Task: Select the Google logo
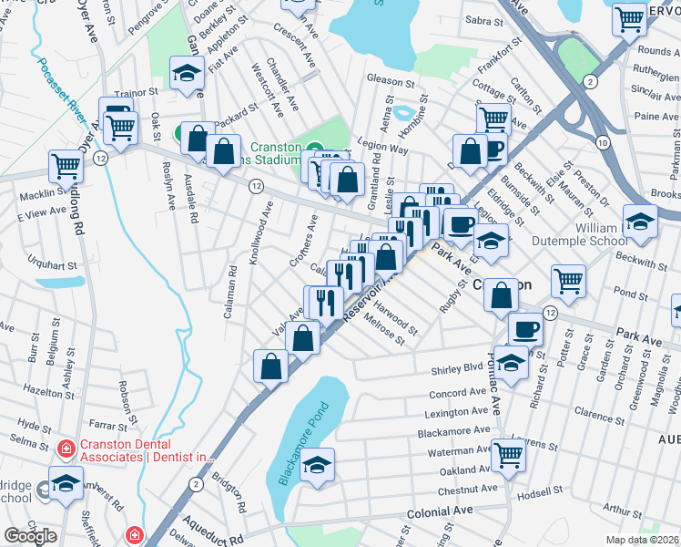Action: coord(31,536)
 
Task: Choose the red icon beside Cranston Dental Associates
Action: coord(66,449)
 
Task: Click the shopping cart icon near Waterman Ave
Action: coord(508,454)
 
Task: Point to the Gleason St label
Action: coord(391,79)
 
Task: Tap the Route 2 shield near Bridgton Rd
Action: coord(196,482)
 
